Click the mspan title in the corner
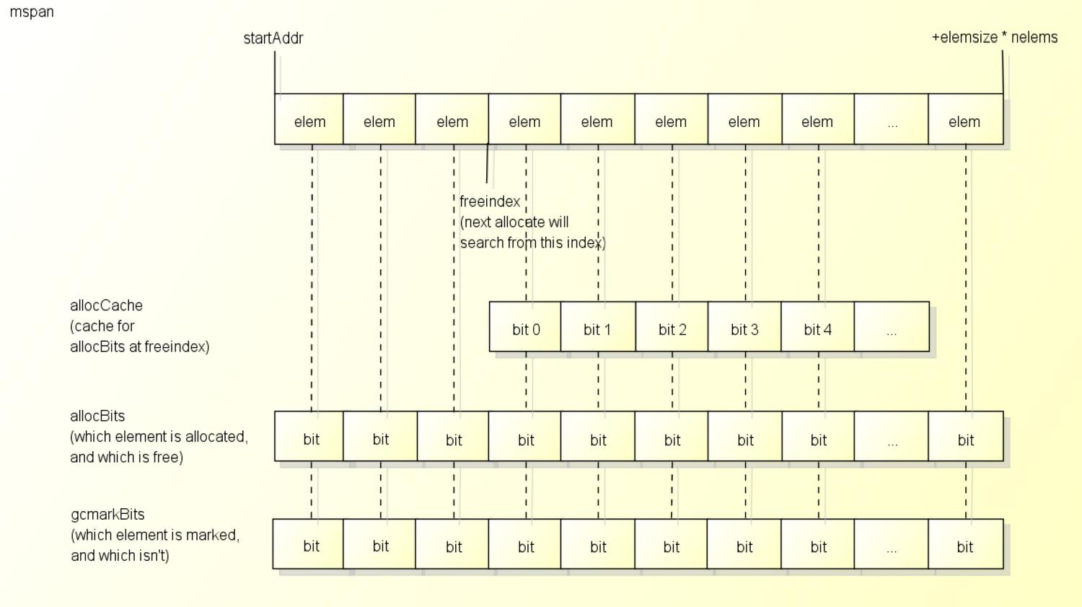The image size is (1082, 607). click(x=32, y=12)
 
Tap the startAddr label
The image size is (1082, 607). click(x=273, y=38)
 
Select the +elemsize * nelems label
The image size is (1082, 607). click(x=995, y=38)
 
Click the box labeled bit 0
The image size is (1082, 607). click(x=525, y=327)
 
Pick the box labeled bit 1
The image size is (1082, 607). click(x=598, y=327)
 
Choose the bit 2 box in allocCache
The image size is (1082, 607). click(x=672, y=327)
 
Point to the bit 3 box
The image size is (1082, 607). click(x=744, y=327)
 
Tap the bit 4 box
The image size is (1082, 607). click(x=818, y=327)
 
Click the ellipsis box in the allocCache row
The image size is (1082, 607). click(x=892, y=327)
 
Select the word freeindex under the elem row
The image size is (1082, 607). click(x=490, y=201)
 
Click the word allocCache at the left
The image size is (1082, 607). click(x=106, y=305)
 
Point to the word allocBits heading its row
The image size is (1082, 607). click(x=97, y=416)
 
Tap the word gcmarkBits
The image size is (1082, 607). click(x=107, y=514)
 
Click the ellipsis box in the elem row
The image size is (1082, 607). click(x=891, y=119)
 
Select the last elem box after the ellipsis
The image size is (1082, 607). click(x=966, y=119)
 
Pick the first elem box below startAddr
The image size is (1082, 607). click(x=309, y=119)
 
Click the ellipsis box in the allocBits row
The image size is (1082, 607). click(x=891, y=437)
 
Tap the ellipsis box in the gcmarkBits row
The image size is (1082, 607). click(x=891, y=544)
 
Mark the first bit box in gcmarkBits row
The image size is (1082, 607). click(x=308, y=544)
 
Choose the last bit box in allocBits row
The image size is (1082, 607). click(x=966, y=437)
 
